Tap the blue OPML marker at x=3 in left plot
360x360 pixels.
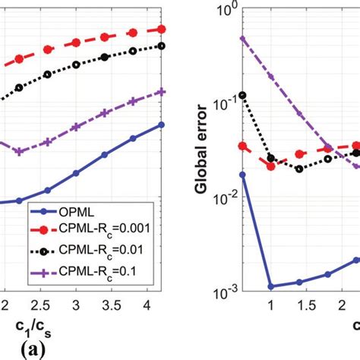76,173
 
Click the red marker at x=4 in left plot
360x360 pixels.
133,32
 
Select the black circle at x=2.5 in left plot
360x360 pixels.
47,74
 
